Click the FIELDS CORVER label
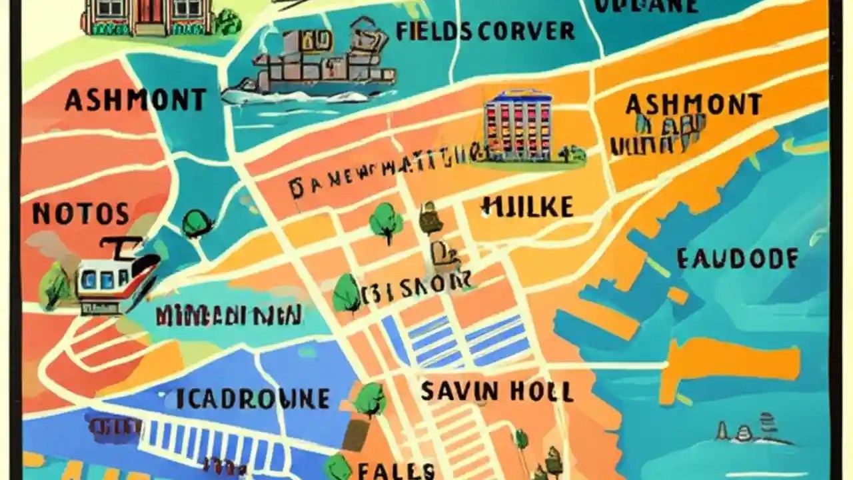click(484, 31)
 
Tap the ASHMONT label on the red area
click(135, 100)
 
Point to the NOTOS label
click(80, 214)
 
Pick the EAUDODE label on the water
click(737, 259)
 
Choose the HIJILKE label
click(526, 207)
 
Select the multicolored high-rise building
click(518, 125)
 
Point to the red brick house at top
click(147, 17)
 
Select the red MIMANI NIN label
click(229, 315)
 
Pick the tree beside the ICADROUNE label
click(369, 399)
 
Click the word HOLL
click(540, 391)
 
